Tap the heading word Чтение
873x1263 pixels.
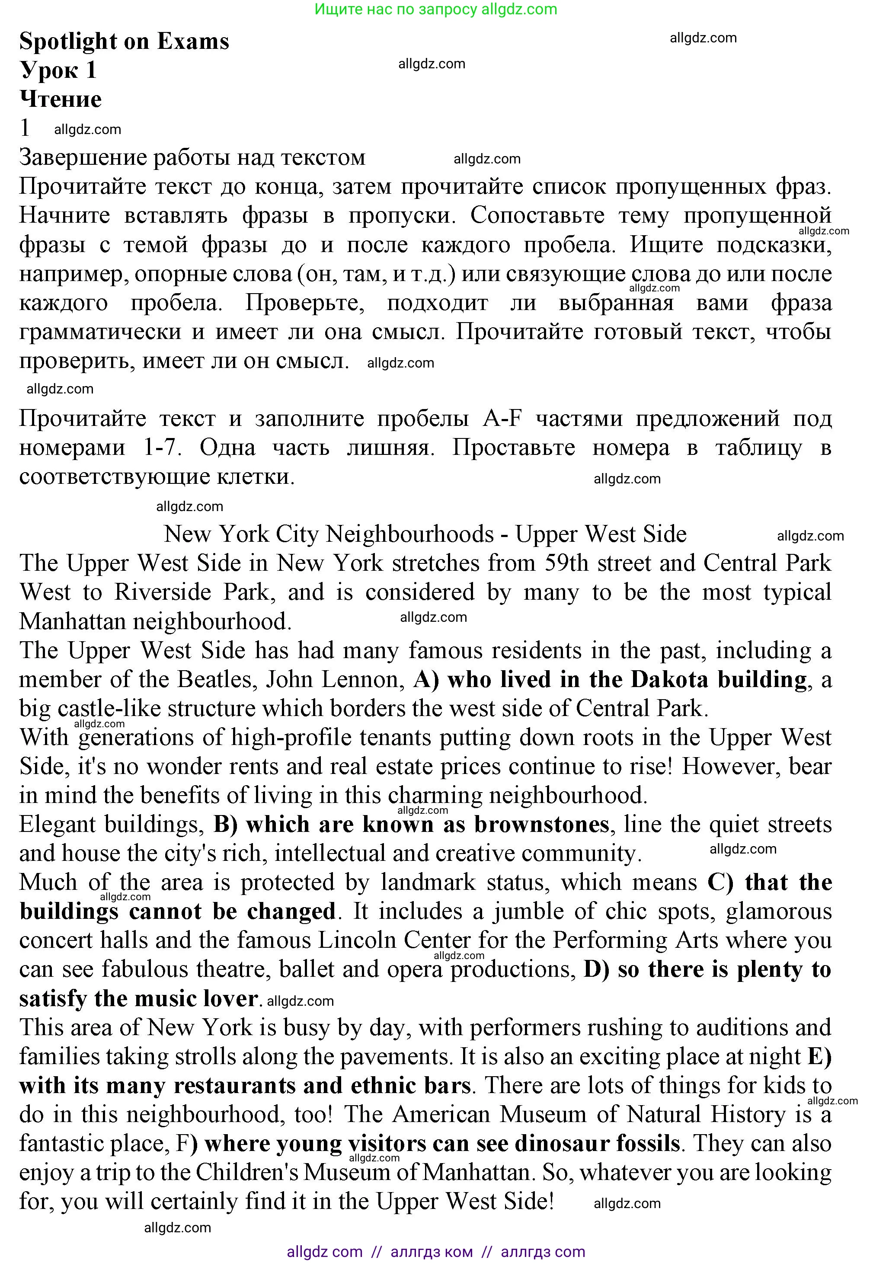tap(61, 99)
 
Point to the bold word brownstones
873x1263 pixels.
tap(541, 824)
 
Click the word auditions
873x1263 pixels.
tap(742, 1028)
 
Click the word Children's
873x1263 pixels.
tap(246, 1173)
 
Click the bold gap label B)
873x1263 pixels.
tap(225, 824)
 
